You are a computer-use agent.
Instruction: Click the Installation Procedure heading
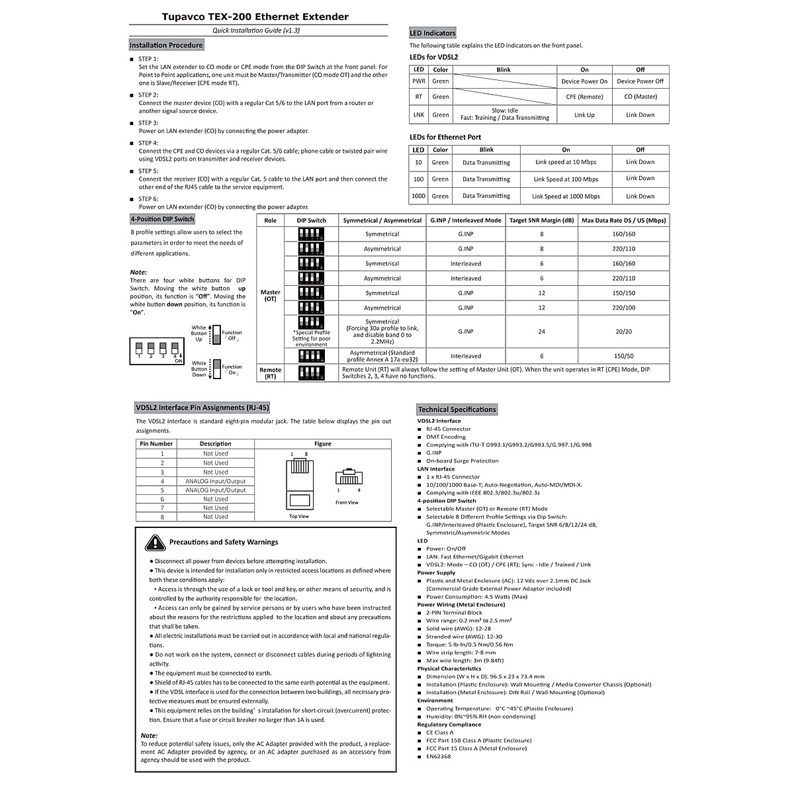[166, 45]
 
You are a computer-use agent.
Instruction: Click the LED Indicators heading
[433, 33]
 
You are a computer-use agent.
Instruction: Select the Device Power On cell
[584, 81]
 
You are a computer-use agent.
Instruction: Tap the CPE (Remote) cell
[584, 97]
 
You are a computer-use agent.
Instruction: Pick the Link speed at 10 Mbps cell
[566, 162]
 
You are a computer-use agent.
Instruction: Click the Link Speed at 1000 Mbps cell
[566, 196]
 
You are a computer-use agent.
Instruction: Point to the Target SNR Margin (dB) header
[541, 220]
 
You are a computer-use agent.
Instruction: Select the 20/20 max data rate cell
[623, 331]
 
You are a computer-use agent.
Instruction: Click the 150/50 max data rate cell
[623, 356]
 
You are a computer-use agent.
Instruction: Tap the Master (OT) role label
[270, 296]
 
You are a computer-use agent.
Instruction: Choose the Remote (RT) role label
[270, 373]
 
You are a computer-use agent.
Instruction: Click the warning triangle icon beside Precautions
[155, 543]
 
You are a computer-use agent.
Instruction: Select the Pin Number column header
[156, 444]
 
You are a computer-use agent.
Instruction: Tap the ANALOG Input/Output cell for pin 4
[215, 481]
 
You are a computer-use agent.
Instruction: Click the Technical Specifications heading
[457, 410]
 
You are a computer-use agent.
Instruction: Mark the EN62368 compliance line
[439, 756]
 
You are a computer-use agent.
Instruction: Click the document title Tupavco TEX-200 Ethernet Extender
[255, 17]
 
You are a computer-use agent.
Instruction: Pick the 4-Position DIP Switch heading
[162, 219]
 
